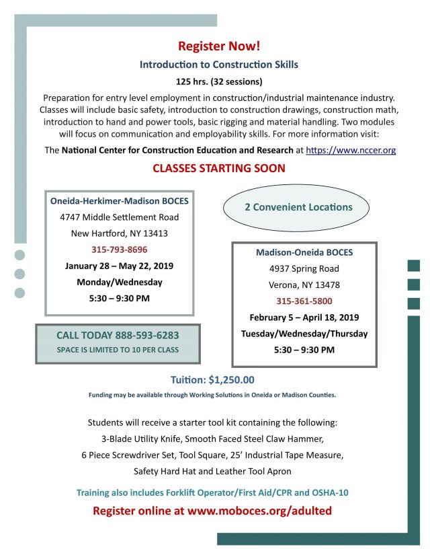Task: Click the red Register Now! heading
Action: pos(218,46)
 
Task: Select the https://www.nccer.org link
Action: pos(351,151)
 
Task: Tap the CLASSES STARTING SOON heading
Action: pos(219,168)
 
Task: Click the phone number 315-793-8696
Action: pos(120,250)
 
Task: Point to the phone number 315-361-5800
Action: pos(304,301)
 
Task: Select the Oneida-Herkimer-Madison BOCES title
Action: pos(120,200)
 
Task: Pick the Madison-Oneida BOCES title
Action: pos(304,252)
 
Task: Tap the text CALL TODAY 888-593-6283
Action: pos(118,334)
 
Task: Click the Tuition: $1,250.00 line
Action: pos(212,380)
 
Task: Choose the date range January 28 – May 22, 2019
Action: pos(120,266)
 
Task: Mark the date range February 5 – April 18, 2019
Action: pos(304,317)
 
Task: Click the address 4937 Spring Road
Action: pos(304,268)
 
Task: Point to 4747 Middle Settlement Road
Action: pos(120,217)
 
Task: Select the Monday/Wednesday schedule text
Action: pos(120,282)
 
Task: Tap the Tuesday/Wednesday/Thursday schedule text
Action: pos(304,334)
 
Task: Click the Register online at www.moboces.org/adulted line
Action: pos(212,511)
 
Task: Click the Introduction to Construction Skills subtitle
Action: pos(218,65)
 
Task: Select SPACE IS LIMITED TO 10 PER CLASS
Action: pos(118,349)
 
